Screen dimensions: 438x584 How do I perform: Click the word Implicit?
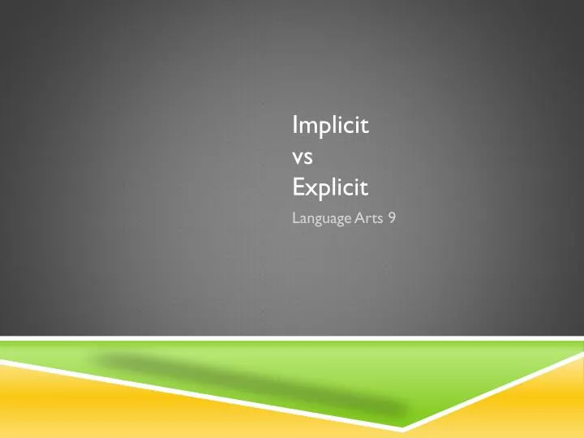(330, 127)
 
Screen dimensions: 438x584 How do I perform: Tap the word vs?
(303, 157)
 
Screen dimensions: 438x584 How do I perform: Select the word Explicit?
(330, 189)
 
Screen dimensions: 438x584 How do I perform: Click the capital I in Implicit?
(294, 126)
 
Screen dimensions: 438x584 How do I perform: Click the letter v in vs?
(297, 159)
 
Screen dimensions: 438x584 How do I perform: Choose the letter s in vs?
(308, 159)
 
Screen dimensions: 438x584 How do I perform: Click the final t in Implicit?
(366, 127)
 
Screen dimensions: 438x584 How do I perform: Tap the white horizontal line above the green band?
(292, 337)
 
